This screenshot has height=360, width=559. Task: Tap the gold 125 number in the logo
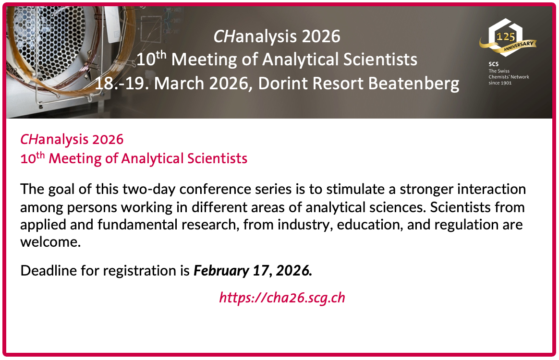point(506,36)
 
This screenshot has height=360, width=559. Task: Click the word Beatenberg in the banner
point(413,84)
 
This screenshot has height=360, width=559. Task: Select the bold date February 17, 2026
point(253,271)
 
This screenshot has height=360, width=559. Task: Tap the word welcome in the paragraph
point(50,242)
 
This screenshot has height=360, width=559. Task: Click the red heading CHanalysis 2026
point(72,139)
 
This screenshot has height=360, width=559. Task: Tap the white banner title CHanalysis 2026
point(277,36)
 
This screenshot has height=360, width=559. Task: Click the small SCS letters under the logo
point(493,64)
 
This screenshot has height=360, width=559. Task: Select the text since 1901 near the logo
point(500,83)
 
